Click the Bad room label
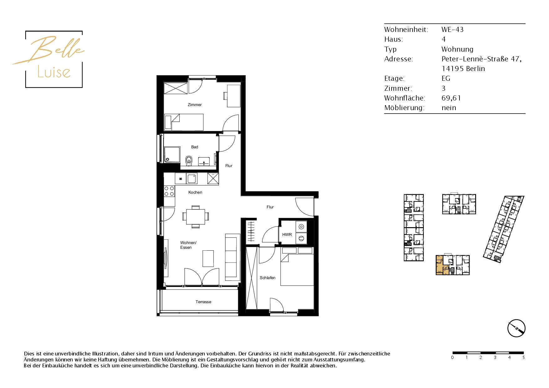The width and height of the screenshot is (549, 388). [195, 147]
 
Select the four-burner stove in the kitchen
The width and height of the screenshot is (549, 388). [169, 191]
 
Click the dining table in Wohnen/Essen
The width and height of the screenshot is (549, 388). [196, 217]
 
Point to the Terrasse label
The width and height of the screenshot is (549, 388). [203, 302]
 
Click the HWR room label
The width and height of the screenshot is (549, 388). [287, 235]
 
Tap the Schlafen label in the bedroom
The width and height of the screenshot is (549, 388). [268, 278]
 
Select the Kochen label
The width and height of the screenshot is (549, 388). [195, 192]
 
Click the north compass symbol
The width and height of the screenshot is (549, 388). [516, 328]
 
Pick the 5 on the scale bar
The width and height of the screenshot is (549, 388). [523, 357]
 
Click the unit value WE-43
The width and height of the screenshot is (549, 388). [453, 30]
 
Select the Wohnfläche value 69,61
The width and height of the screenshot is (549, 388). [451, 98]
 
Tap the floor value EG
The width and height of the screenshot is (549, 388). [446, 79]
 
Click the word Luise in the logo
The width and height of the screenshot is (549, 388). [54, 72]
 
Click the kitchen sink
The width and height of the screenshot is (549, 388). [192, 179]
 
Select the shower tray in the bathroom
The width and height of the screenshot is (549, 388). [172, 155]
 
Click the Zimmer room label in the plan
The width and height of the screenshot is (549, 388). [195, 105]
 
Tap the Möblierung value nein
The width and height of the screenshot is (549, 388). [449, 108]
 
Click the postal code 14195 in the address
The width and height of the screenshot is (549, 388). [453, 69]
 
